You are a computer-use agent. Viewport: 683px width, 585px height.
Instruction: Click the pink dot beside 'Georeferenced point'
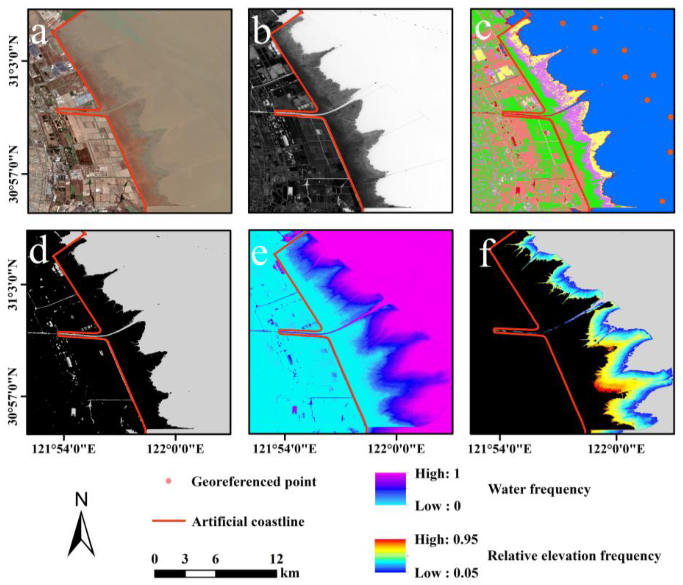(168, 481)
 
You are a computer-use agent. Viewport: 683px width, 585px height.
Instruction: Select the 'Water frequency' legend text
(539, 489)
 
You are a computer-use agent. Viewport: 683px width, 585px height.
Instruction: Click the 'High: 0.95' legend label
(446, 539)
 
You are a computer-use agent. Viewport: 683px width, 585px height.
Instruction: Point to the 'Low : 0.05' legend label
(446, 573)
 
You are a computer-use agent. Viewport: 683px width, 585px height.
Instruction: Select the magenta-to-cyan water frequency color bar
(390, 489)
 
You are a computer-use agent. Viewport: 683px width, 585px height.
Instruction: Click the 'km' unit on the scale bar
(290, 573)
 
